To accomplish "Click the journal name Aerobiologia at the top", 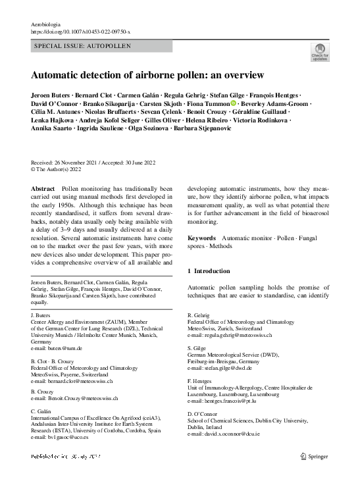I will pyautogui.click(x=46, y=24).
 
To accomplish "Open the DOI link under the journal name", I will pyautogui.click(x=81, y=31).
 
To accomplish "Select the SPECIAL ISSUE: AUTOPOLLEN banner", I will pyautogui.click(x=82, y=46).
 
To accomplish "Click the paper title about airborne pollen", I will pyautogui.click(x=147, y=74).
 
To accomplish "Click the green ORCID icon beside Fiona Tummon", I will pyautogui.click(x=234, y=104).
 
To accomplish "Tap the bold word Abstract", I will pyautogui.click(x=43, y=188).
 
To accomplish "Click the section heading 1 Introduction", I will pyautogui.click(x=209, y=270).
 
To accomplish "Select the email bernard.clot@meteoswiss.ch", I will pyautogui.click(x=72, y=380).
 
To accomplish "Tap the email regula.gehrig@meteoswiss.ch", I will pyautogui.click(x=230, y=335).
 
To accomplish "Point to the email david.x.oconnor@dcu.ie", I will pyautogui.click(x=225, y=434).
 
